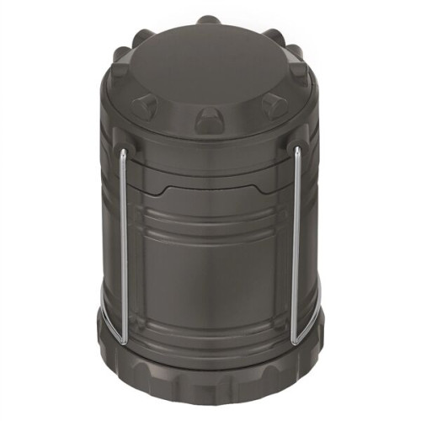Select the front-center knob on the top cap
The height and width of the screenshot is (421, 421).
click(x=209, y=120)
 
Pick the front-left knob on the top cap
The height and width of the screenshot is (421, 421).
click(x=145, y=105)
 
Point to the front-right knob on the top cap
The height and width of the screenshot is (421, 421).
click(x=274, y=105)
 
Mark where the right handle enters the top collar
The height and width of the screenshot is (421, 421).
click(x=297, y=152)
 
